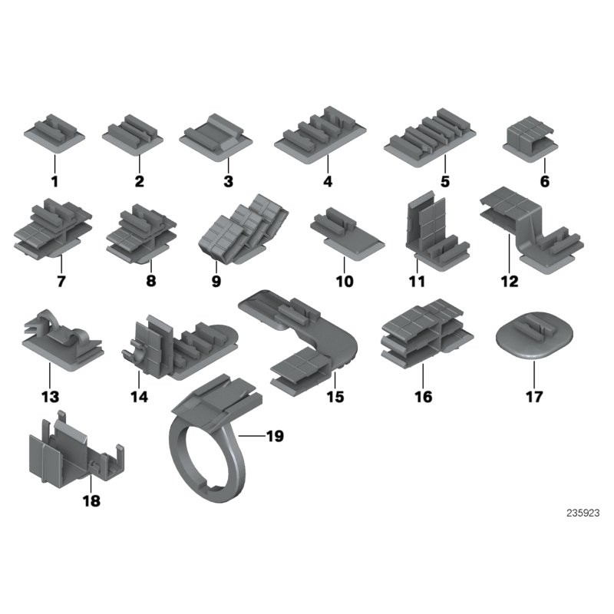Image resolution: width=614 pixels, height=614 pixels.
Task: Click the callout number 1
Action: [x=54, y=182]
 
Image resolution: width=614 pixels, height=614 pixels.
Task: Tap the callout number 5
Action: [x=444, y=182]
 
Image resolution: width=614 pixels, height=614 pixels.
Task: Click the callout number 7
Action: [x=60, y=281]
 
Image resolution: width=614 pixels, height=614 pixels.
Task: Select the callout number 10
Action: [x=344, y=281]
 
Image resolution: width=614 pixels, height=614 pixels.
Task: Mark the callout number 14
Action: [x=139, y=397]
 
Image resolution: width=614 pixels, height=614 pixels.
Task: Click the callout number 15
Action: [x=335, y=397]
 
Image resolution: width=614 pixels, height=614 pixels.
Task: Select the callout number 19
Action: [x=274, y=437]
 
